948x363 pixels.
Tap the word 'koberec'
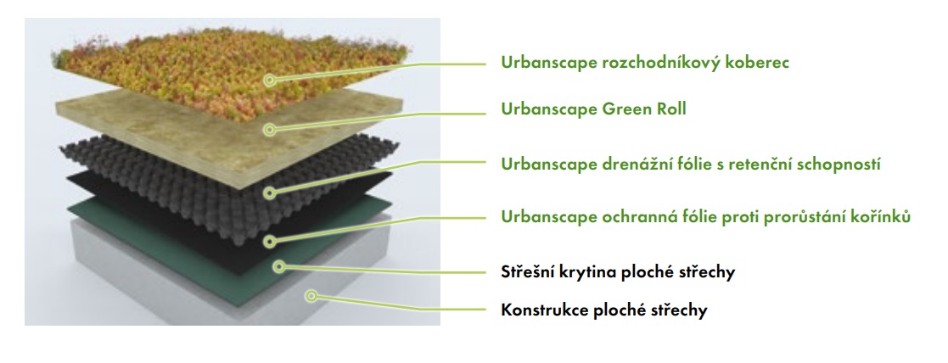[758, 62]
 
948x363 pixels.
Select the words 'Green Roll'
[644, 109]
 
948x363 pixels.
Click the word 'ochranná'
[638, 217]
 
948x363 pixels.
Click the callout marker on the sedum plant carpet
[270, 80]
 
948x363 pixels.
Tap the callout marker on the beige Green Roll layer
[270, 129]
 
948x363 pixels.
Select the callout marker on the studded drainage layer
[270, 193]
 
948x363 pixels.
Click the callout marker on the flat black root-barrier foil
[270, 241]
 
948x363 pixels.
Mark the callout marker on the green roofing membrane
[278, 265]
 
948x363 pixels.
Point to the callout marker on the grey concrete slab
[311, 296]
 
